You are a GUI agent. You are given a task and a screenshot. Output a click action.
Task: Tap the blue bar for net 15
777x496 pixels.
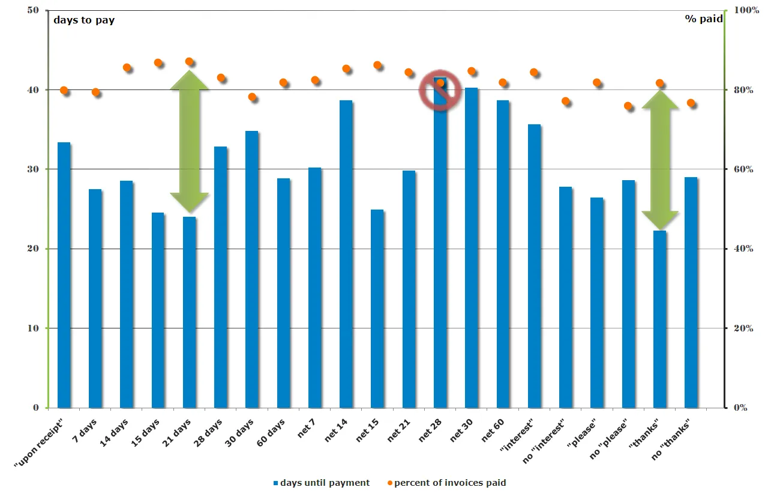[377, 309]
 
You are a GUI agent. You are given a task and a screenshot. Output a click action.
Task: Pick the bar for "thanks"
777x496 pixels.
[659, 319]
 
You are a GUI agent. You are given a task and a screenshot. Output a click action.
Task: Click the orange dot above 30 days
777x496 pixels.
[252, 97]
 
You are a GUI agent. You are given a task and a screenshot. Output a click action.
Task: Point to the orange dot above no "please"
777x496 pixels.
[628, 106]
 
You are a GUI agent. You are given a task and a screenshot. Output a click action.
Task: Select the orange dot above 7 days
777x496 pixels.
[95, 92]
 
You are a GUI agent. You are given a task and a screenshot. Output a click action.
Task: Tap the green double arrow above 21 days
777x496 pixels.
[190, 141]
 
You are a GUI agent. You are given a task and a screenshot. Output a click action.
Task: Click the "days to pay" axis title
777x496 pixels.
[84, 20]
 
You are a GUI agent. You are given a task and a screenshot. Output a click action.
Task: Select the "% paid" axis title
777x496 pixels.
[704, 19]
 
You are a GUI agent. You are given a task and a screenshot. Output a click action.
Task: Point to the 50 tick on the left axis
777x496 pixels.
[34, 11]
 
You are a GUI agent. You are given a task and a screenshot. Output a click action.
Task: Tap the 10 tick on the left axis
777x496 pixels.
[34, 328]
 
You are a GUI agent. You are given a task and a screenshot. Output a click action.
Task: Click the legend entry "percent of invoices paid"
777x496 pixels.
[449, 483]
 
